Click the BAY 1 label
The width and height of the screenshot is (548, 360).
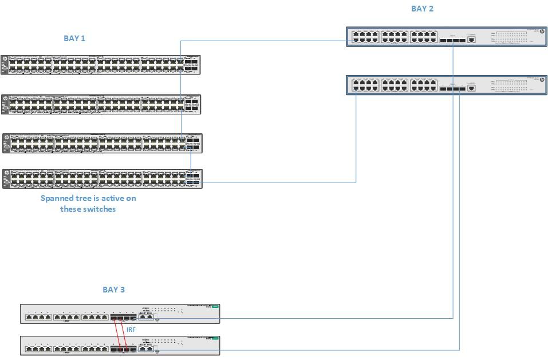pyautogui.click(x=74, y=38)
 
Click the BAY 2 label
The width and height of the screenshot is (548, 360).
pyautogui.click(x=422, y=9)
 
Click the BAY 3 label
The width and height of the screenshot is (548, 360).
pyautogui.click(x=113, y=290)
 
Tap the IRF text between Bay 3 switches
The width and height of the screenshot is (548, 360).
pyautogui.click(x=131, y=330)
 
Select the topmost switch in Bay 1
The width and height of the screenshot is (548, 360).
pyautogui.click(x=101, y=65)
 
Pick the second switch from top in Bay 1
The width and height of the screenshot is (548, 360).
pyautogui.click(x=101, y=105)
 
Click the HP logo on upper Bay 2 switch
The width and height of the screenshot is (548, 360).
pyautogui.click(x=541, y=32)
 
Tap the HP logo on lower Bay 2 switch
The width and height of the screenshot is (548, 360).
pyautogui.click(x=541, y=80)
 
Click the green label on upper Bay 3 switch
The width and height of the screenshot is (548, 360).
pyautogui.click(x=215, y=307)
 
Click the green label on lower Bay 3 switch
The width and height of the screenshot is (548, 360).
pyautogui.click(x=215, y=339)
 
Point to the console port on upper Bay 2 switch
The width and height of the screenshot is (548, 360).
pyautogui.click(x=471, y=39)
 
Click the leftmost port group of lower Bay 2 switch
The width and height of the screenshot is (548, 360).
pyautogui.click(x=365, y=85)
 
